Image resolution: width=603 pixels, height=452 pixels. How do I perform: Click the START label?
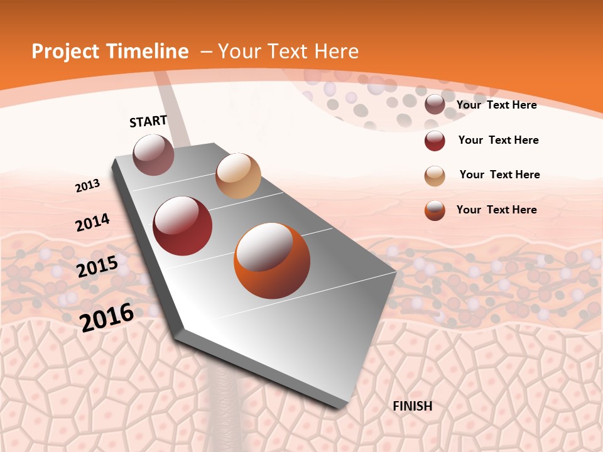point(148,121)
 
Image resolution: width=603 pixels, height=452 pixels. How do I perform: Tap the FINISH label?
point(413,406)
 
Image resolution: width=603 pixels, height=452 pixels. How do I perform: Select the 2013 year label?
point(88,185)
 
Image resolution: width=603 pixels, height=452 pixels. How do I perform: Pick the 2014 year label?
point(93,222)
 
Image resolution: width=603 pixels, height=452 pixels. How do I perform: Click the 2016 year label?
point(107,317)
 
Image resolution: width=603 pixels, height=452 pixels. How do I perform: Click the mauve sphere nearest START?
point(154,154)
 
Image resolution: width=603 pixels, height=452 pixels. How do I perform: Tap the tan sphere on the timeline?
point(238,176)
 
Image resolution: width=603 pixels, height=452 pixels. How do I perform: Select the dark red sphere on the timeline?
point(183,226)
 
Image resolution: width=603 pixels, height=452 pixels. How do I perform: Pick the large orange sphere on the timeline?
point(272,261)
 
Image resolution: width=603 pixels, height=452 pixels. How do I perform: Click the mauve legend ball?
point(435,105)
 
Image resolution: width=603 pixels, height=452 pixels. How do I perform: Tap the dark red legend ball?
point(435,141)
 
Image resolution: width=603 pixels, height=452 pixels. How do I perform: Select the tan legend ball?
point(435,176)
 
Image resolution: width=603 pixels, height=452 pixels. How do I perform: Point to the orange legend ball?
point(435,210)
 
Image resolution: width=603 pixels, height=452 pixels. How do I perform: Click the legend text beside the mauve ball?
point(497,105)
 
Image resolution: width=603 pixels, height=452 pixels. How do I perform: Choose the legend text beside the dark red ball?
point(499,140)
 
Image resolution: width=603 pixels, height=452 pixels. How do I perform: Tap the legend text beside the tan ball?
point(500,175)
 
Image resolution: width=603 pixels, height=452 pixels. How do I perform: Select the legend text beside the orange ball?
point(497,210)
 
